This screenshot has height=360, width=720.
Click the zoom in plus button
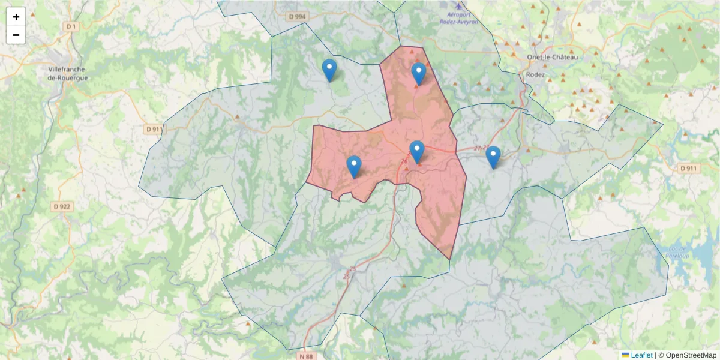click(16, 17)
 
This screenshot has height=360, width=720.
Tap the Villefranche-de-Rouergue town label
click(68, 73)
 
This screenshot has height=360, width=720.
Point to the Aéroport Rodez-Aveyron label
click(459, 17)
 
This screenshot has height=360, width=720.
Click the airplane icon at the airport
click(459, 5)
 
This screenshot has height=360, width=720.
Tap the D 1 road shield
click(71, 26)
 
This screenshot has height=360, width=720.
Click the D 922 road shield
click(62, 206)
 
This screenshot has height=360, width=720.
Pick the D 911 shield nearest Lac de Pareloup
click(689, 169)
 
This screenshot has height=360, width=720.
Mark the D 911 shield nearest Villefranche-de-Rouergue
click(154, 129)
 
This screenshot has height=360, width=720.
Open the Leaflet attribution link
click(641, 355)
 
